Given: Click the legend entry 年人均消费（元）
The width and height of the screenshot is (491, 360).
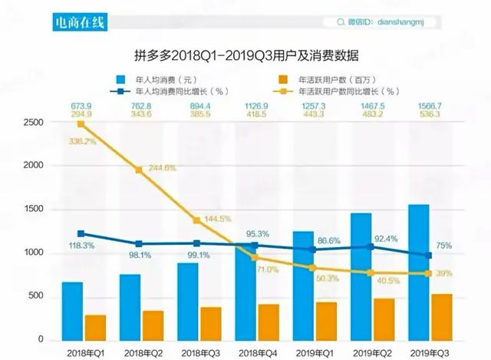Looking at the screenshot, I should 157,79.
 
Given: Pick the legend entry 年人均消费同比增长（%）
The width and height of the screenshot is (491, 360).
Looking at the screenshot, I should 158,91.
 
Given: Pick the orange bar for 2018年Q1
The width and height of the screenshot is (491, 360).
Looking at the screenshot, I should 95,328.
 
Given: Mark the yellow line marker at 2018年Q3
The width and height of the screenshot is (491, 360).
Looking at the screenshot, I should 197,221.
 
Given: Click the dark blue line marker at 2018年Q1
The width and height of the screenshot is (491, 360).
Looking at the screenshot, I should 81,234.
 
